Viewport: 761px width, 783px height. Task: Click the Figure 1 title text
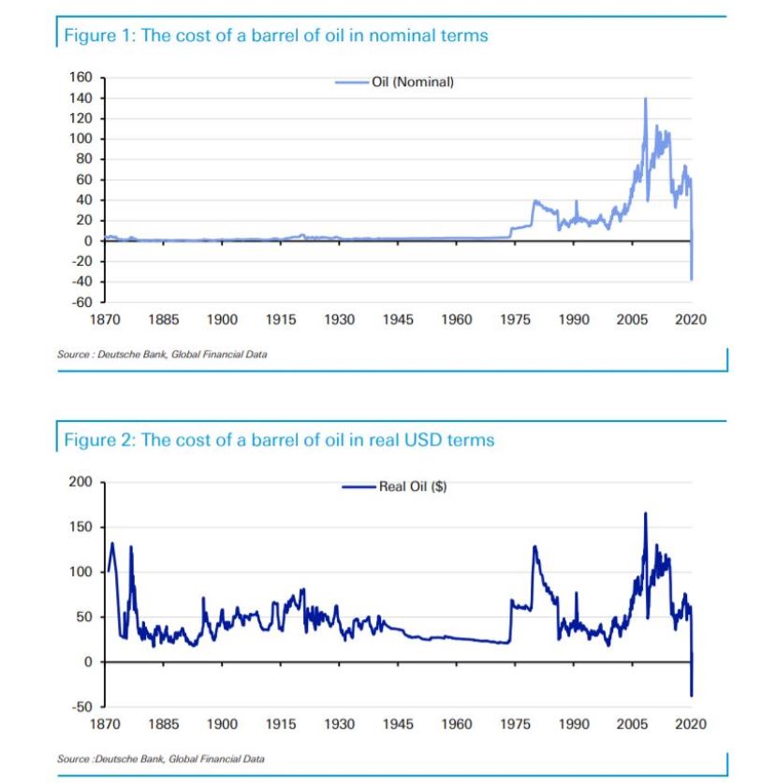tap(275, 36)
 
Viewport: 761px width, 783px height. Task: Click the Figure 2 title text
tap(278, 440)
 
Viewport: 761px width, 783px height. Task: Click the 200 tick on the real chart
tap(80, 482)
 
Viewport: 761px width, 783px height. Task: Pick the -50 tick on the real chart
tap(82, 706)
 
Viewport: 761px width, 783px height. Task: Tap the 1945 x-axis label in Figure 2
tap(398, 724)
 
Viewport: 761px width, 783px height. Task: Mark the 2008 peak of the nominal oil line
tap(645, 98)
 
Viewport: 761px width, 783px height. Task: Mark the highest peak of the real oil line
tap(645, 513)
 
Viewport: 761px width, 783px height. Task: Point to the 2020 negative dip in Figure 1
tap(692, 279)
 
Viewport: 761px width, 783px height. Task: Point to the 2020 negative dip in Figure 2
tap(692, 695)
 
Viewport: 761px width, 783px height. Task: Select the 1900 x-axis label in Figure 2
tap(222, 724)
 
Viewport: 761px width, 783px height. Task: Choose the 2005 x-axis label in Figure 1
tap(633, 320)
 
